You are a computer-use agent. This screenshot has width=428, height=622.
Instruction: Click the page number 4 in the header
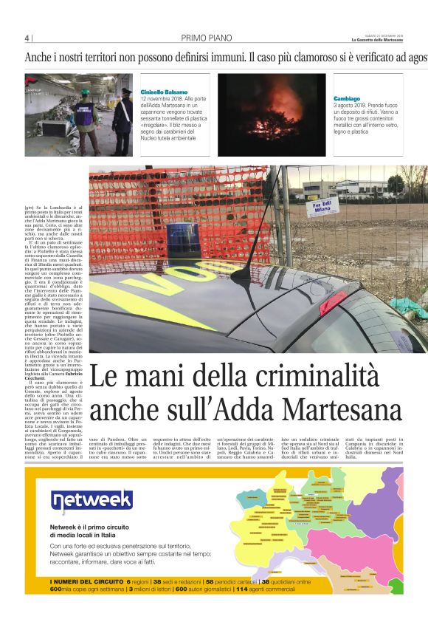pos(27,38)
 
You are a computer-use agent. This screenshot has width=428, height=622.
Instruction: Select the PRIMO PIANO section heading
pos(202,38)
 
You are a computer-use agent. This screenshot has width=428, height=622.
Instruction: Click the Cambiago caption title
pos(346,98)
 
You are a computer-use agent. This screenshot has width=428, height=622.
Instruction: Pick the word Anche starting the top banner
pos(37,56)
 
